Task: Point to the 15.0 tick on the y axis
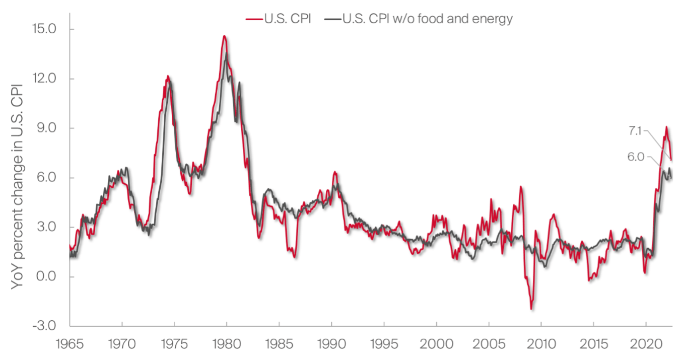(x=44, y=29)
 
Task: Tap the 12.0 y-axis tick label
(x=44, y=79)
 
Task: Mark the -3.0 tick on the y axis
(x=44, y=326)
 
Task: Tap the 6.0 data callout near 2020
(x=636, y=157)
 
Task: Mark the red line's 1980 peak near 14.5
(x=224, y=36)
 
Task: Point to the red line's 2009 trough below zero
(x=531, y=309)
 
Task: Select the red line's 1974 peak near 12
(x=168, y=77)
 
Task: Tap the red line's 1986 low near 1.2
(x=295, y=257)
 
